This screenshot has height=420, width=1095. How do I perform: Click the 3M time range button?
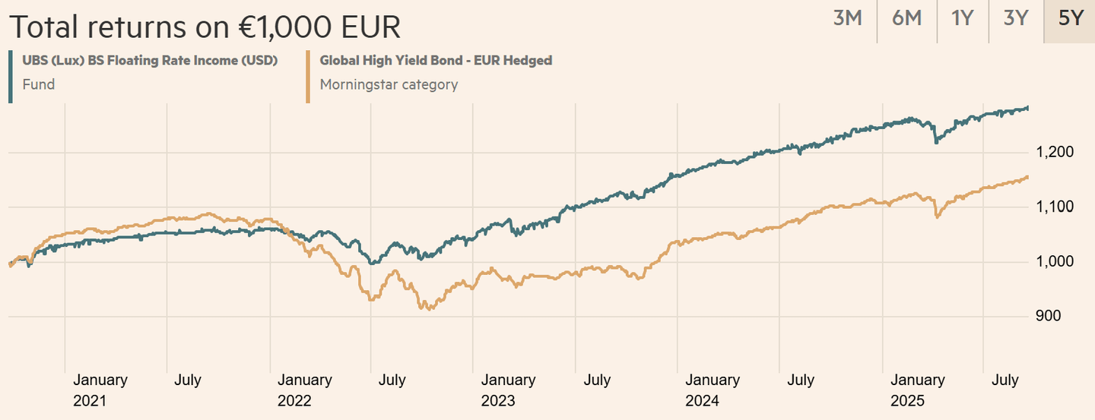847,18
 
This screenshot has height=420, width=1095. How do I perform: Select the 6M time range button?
906,18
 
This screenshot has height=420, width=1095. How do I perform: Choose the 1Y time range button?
962,18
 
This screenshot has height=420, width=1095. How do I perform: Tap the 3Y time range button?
1015,18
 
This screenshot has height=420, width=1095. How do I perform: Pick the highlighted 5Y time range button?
1070,18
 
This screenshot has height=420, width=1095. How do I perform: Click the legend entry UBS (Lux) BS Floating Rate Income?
149,61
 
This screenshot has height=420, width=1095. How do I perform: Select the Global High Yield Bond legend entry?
436,61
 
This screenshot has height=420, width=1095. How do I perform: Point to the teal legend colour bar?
11,76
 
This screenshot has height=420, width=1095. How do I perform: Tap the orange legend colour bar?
307,76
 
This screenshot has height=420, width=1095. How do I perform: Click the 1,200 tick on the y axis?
1055,153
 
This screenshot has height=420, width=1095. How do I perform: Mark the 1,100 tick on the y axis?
1055,207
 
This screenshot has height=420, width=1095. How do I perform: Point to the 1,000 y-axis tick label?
1055,262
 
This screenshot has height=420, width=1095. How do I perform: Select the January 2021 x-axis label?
100,390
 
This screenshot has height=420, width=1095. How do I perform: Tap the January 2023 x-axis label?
508,390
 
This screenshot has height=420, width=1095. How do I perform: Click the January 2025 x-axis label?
917,390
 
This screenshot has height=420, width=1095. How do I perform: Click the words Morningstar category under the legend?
389,84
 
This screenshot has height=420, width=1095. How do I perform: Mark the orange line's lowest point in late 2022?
429,309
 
